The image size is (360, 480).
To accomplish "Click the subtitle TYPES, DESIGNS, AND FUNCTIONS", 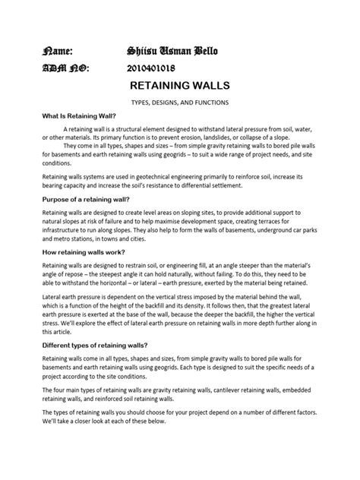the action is pos(180,103).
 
